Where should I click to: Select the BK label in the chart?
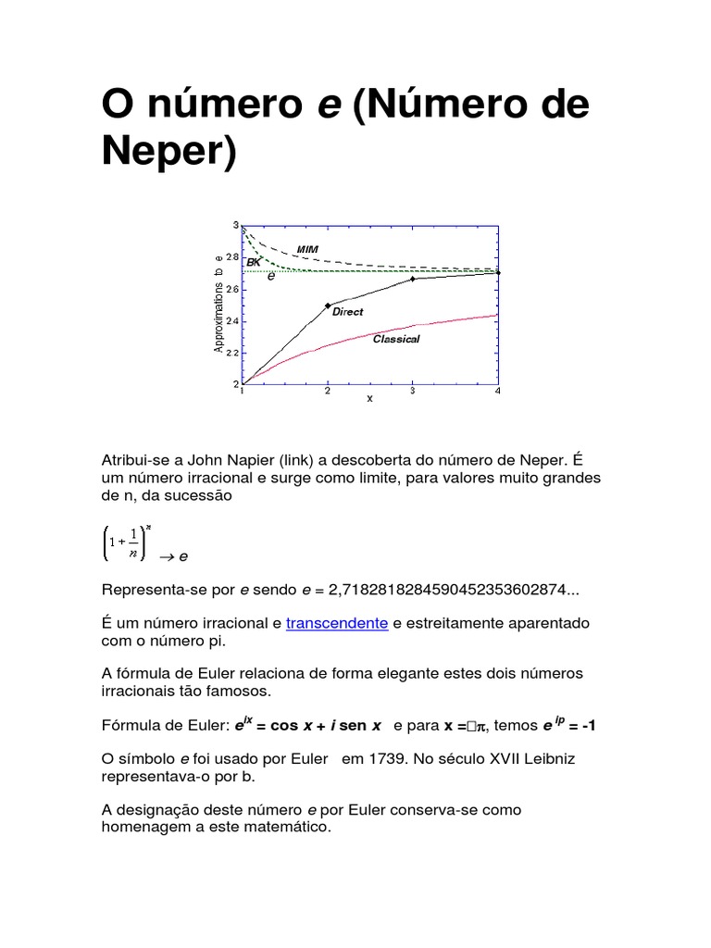(x=254, y=263)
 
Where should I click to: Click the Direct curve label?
(x=348, y=312)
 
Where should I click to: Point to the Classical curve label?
(x=396, y=339)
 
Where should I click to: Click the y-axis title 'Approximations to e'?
(x=218, y=303)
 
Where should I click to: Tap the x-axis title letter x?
(x=369, y=399)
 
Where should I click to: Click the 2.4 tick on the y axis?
(x=231, y=321)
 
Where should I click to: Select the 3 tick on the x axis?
(x=413, y=392)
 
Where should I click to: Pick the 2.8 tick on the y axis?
(x=231, y=257)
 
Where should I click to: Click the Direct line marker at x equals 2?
(x=328, y=306)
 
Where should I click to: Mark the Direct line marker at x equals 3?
(x=413, y=278)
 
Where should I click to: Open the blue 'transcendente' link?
(x=337, y=624)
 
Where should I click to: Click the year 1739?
(x=387, y=758)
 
